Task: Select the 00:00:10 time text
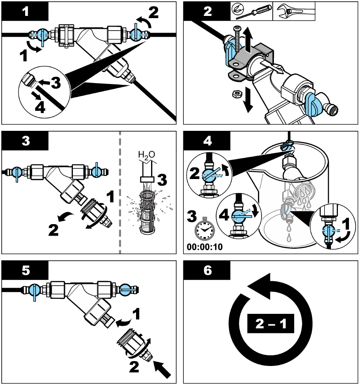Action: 205,247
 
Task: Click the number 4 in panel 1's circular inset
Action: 39,107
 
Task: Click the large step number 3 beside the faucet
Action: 162,180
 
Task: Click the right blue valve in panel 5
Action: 125,290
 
